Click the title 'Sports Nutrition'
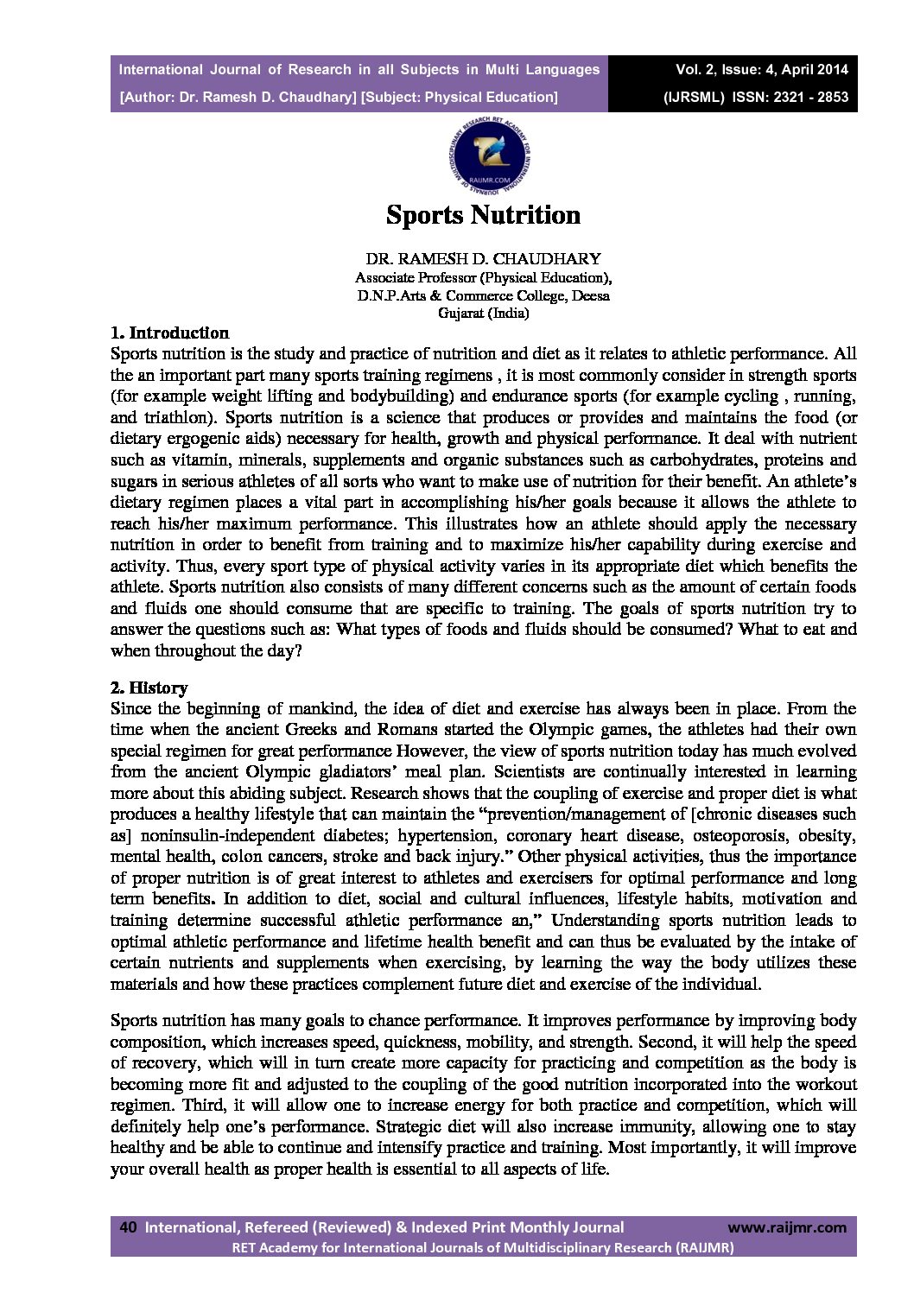[x=483, y=214]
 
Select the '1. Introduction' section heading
[x=170, y=333]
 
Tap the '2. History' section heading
[x=149, y=688]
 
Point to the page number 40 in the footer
[x=128, y=1226]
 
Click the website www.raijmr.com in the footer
[x=787, y=1226]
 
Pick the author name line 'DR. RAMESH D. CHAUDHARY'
[x=483, y=258]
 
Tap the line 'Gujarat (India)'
[x=483, y=313]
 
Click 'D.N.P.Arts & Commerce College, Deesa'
[x=483, y=295]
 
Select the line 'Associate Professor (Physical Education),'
[x=483, y=277]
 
